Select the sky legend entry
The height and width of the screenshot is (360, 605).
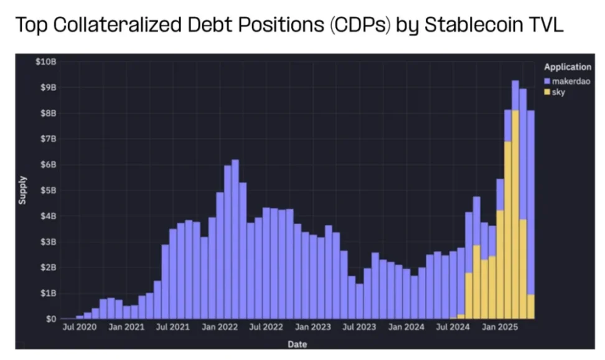[x=558, y=92]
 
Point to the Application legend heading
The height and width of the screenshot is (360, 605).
[x=566, y=67]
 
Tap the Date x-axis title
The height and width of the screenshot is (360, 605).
[x=298, y=344]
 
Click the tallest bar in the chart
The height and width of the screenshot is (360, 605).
[x=515, y=199]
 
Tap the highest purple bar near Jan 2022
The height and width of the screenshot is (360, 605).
[x=235, y=239]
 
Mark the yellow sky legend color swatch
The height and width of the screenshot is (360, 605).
[x=546, y=92]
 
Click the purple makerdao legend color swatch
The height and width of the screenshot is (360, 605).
[x=546, y=81]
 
